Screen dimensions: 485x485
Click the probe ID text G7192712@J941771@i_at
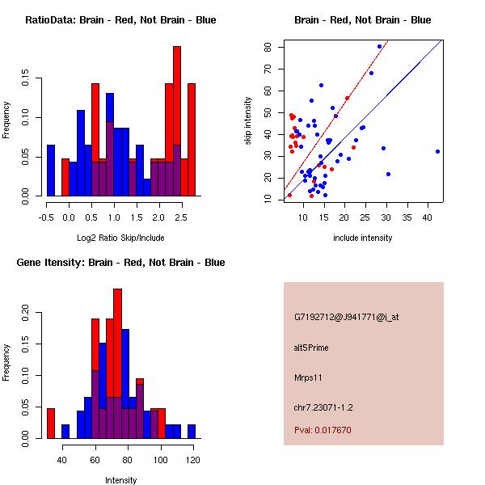click(346, 316)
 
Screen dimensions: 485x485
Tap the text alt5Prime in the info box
click(311, 348)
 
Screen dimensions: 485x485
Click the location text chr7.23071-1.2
click(323, 407)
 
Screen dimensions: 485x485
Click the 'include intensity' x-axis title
click(363, 238)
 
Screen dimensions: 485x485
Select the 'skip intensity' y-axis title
click(248, 121)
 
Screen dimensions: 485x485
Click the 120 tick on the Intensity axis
click(192, 459)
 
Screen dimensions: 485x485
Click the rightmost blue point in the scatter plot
click(437, 151)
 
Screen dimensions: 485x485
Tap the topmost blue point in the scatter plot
click(379, 47)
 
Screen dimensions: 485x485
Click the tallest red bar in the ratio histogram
click(177, 121)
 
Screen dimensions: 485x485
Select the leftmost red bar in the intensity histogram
click(51, 423)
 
